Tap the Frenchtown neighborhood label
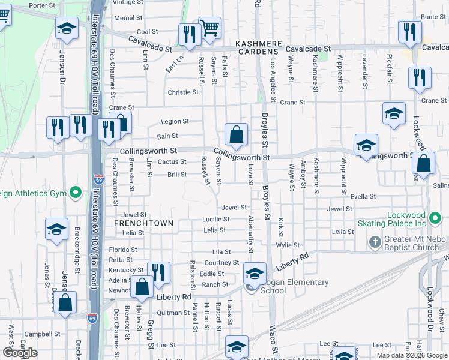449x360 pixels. coord(143,223)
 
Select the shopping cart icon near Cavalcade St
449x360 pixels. coord(209,28)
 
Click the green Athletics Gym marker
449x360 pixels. coord(76,193)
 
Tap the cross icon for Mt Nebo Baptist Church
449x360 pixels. coord(375,242)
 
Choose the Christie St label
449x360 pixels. coord(183,92)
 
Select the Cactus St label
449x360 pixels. coord(172,161)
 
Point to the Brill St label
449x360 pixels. coord(177,175)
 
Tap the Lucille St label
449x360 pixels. coord(216,219)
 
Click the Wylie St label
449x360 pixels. coord(288,245)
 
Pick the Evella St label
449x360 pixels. coord(363,196)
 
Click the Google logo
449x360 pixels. coord(19,353)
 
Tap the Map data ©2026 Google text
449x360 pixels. coord(412,355)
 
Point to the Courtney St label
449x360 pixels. coord(222,263)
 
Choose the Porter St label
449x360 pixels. coord(41,5)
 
